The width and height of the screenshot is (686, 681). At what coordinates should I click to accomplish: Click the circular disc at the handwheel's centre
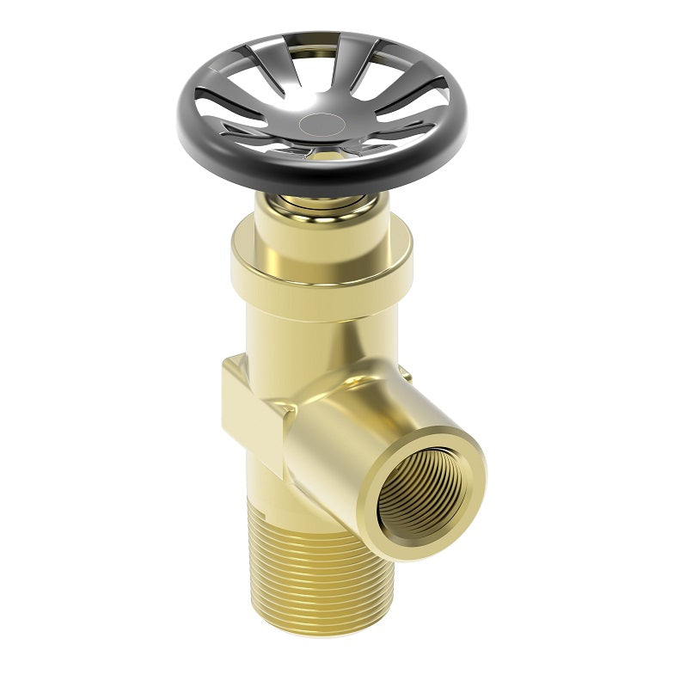pyautogui.click(x=322, y=123)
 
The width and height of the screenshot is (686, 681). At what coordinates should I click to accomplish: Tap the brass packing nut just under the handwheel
pyautogui.click(x=320, y=203)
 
